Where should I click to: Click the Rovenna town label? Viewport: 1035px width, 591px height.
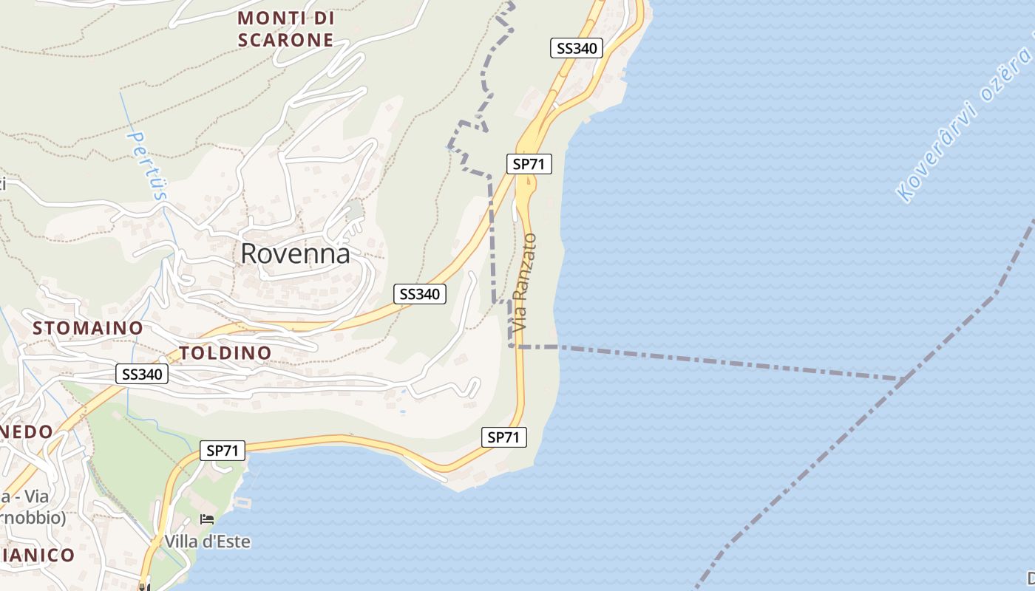point(295,253)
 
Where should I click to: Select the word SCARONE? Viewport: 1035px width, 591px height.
point(286,40)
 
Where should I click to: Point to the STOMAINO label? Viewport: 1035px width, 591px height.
point(87,327)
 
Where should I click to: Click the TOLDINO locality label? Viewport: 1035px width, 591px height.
point(225,352)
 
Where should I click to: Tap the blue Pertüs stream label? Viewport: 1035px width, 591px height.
point(147,166)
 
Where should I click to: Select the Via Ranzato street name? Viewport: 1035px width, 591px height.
point(523,282)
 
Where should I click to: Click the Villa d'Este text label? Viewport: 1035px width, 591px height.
point(208,542)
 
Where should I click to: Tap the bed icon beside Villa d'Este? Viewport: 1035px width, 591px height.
point(207,520)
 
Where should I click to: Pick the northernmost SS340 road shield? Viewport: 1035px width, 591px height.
point(577,49)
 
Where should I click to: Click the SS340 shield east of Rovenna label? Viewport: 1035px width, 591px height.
point(419,294)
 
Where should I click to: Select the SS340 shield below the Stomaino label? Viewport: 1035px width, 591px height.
point(142,375)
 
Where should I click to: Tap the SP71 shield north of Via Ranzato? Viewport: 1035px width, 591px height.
point(529,164)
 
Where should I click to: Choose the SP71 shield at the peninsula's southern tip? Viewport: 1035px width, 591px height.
point(503,437)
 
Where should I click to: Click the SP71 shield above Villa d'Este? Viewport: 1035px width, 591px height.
point(223,450)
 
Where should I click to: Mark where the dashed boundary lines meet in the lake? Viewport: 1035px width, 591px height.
point(903,379)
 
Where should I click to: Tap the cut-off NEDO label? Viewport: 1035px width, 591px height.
point(27,431)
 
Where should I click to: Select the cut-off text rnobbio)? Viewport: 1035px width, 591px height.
point(33,518)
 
